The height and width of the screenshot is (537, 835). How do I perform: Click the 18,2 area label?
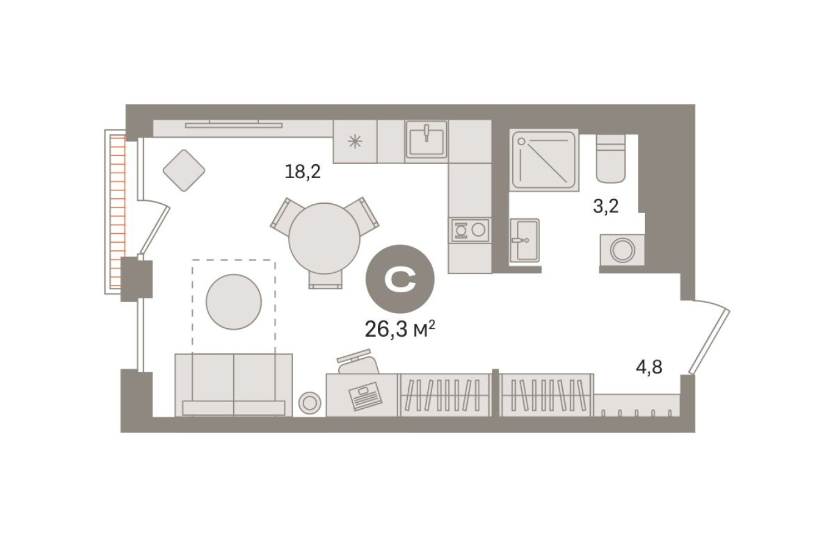click(x=303, y=171)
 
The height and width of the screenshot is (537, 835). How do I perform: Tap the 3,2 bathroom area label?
click(x=605, y=206)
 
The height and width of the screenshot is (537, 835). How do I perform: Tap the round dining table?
click(x=324, y=238)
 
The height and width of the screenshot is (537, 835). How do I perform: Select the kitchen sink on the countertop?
click(x=427, y=139)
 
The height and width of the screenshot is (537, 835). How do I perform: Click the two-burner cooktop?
click(x=469, y=229)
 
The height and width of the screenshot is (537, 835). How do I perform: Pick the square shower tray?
click(x=544, y=160)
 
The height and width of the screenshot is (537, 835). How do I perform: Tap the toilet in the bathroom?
click(x=610, y=159)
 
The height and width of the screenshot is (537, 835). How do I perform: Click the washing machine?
click(x=622, y=250)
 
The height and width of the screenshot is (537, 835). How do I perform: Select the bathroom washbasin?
click(x=524, y=240)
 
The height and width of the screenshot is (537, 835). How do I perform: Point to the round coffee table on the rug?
click(x=234, y=302)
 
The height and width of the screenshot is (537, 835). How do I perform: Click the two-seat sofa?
click(x=234, y=384)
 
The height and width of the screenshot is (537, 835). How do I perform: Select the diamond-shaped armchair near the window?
click(x=184, y=170)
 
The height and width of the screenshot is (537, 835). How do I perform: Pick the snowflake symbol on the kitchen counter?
click(x=355, y=142)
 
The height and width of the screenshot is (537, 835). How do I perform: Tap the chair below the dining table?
click(x=325, y=280)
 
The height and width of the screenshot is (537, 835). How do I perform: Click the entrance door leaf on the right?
click(x=709, y=341)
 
